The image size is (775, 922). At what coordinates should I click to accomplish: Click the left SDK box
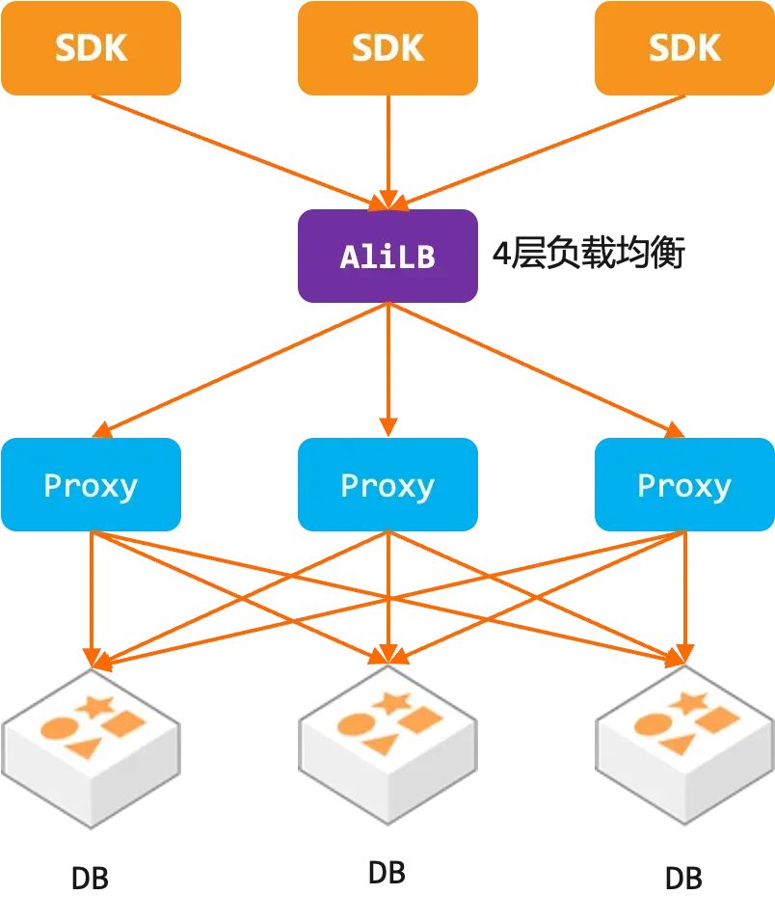91,47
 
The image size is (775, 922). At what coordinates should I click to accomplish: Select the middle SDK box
387,47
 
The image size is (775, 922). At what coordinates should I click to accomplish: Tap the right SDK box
684,47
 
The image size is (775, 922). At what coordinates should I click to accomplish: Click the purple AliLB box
387,256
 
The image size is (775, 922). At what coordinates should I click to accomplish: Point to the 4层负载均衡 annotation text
588,254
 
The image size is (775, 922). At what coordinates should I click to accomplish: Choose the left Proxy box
91,484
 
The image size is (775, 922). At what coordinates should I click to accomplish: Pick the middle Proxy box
387,484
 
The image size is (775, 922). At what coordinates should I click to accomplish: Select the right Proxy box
684,484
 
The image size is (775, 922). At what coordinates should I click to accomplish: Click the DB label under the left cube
90,879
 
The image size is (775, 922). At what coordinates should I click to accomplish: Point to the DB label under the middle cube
387,873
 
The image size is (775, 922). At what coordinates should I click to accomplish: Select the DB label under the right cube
683,879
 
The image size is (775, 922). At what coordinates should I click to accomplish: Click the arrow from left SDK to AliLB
239,152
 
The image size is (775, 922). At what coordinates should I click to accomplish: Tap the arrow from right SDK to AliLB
537,152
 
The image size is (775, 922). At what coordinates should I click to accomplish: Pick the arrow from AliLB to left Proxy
239,370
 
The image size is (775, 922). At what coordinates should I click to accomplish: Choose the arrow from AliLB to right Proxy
537,370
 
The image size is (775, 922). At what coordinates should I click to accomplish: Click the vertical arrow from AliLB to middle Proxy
387,369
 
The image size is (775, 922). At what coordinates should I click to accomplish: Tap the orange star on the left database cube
95,706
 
